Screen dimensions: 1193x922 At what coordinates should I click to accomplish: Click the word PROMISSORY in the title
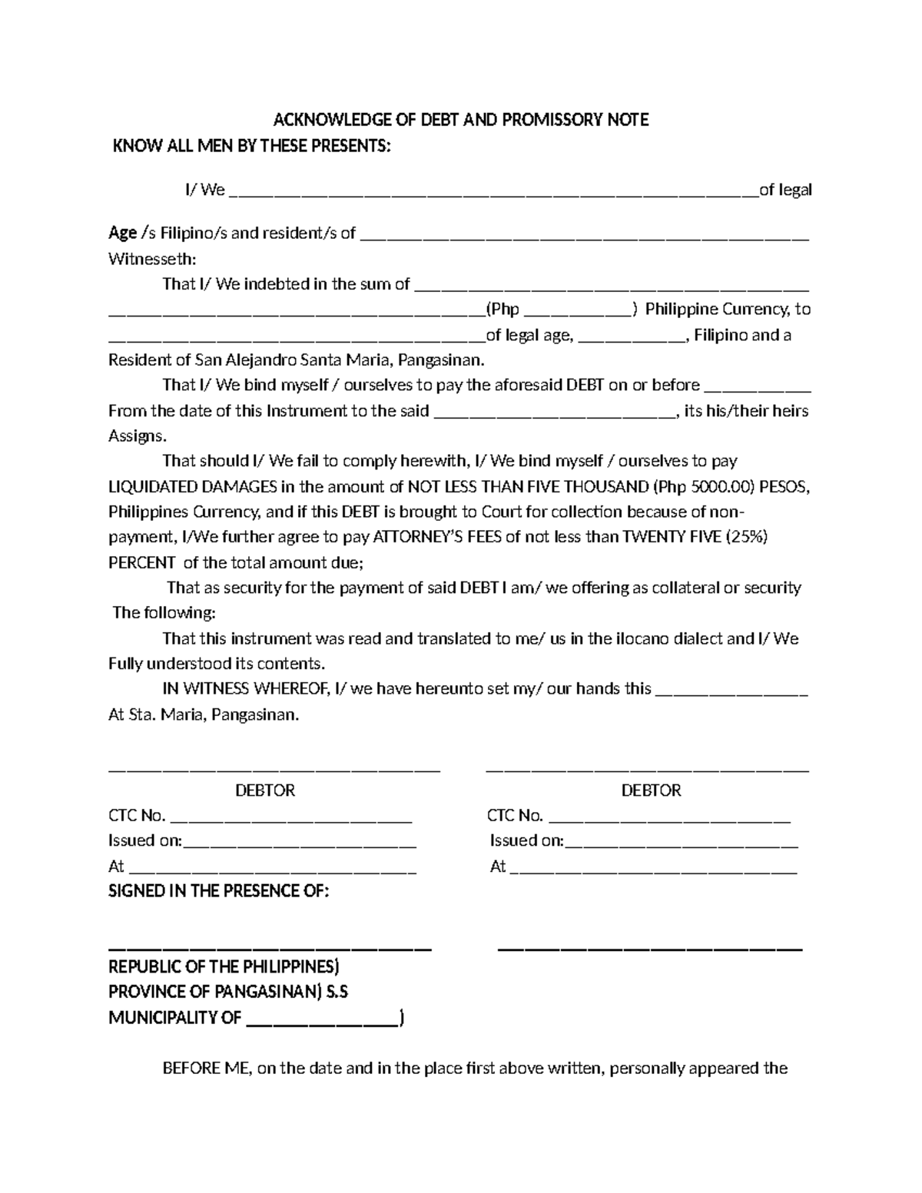558,120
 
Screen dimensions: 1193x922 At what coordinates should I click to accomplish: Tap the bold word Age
122,233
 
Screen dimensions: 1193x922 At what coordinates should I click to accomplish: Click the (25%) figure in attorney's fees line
747,537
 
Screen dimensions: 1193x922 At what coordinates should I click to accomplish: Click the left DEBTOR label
264,790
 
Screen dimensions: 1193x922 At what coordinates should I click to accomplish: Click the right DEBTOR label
651,790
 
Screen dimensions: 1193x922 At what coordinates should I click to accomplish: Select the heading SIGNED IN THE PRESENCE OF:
218,891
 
